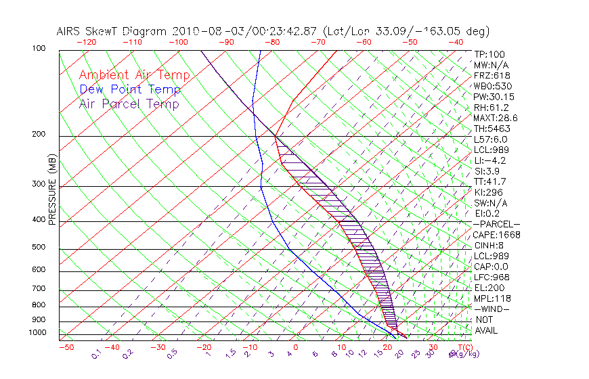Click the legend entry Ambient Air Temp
(x=134, y=75)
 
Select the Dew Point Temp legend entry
(x=130, y=89)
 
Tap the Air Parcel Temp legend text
(x=129, y=104)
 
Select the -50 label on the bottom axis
(x=66, y=347)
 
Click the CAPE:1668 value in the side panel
(x=496, y=235)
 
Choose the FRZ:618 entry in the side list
(x=492, y=76)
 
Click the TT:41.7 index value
(x=491, y=181)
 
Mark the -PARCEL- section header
(x=496, y=224)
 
